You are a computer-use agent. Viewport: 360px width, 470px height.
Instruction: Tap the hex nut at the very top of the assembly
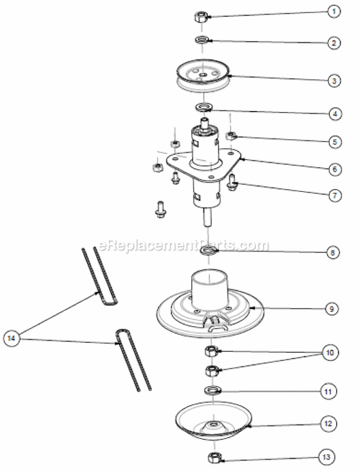pos(202,15)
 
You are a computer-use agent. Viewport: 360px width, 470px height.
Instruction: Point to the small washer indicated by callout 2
pos(202,41)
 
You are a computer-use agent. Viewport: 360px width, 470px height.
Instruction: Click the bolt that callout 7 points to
pos(234,182)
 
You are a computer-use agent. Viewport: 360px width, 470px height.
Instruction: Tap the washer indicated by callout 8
pos(208,252)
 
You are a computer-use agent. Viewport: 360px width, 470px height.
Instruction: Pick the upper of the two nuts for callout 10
pos(211,350)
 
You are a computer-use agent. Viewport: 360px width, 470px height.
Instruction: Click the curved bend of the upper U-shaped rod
pos(109,301)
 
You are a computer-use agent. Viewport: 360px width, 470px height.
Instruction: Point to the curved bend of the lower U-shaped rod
pos(120,335)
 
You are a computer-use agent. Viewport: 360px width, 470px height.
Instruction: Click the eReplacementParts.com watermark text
pos(182,244)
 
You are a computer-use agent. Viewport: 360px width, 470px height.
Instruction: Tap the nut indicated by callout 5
pos(232,135)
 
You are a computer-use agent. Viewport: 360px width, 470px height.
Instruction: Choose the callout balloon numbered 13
pos(334,456)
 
